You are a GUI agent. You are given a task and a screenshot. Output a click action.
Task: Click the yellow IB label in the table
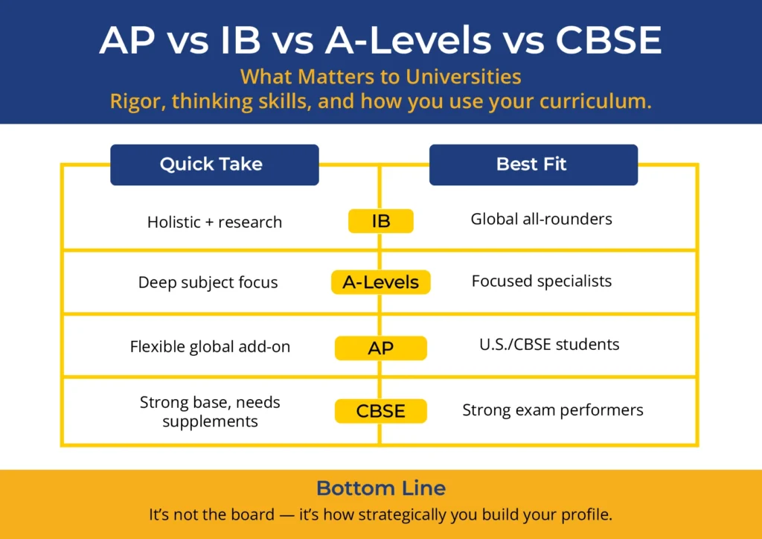tap(380, 220)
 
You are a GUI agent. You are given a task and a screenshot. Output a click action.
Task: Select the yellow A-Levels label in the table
tap(380, 282)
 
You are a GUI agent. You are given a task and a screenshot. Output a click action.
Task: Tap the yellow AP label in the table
tap(380, 348)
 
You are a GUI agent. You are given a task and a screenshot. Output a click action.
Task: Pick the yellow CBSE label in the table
tap(380, 411)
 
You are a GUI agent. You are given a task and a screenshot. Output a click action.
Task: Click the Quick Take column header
tap(214, 165)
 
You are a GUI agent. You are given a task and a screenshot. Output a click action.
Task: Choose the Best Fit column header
tap(533, 165)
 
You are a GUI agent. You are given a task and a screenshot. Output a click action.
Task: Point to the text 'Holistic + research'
tap(214, 222)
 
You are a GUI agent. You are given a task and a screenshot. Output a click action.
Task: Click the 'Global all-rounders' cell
tap(541, 219)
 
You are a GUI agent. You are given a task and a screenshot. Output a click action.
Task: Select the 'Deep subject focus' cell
tap(208, 283)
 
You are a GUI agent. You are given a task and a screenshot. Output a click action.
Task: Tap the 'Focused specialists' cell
tap(541, 281)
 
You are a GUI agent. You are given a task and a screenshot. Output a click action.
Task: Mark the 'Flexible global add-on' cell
tap(210, 346)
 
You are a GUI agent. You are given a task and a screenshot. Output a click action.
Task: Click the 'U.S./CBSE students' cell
tap(549, 345)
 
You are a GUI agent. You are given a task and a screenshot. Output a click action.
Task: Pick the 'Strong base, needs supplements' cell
tap(210, 412)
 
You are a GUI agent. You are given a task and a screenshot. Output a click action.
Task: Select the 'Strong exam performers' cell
tap(552, 410)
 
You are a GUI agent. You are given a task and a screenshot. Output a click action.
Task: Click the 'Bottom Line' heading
tap(380, 488)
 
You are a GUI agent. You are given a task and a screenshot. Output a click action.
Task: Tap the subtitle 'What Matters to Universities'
tap(380, 77)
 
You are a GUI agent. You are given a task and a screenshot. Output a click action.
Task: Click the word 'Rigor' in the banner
tap(136, 101)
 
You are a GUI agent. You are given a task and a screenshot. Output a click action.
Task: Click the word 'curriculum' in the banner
tap(601, 101)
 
